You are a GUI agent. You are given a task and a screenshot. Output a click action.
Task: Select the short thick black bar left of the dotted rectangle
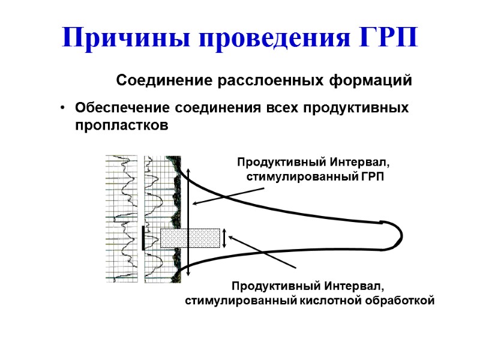click(143, 238)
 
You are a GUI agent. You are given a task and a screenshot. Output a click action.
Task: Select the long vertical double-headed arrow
click(188, 222)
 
